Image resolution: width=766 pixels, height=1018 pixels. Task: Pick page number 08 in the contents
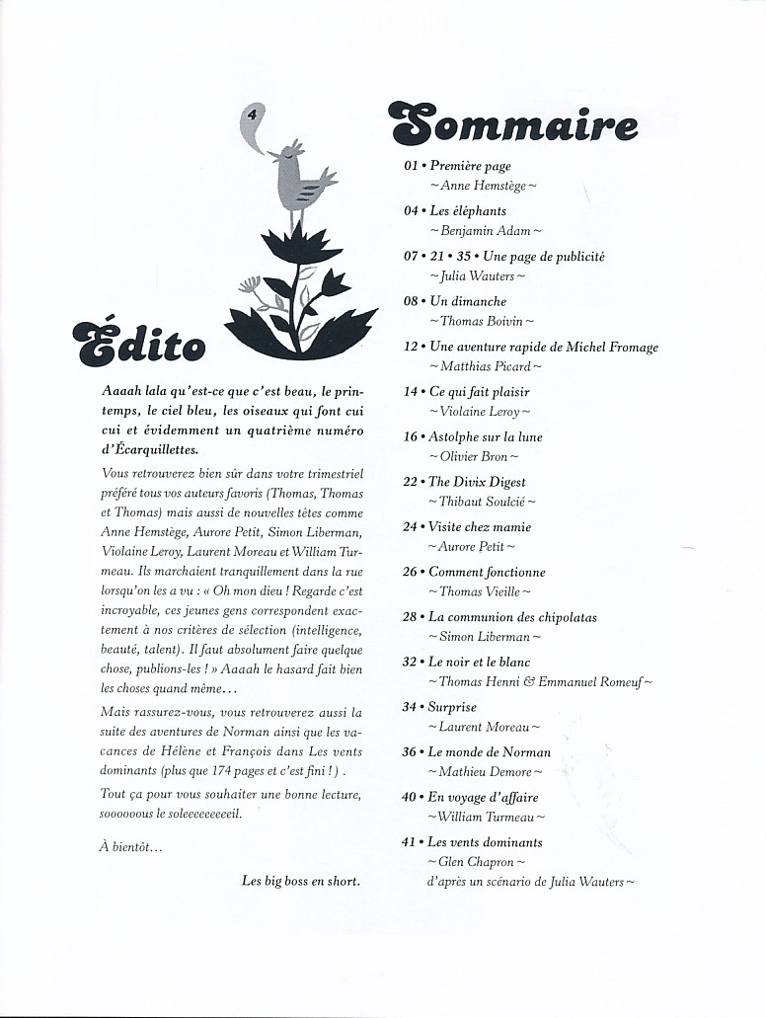click(x=412, y=302)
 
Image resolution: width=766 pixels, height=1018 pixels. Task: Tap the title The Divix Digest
click(x=477, y=483)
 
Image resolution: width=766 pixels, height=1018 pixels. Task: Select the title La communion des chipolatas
click(x=512, y=618)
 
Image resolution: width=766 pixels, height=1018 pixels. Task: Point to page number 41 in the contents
click(x=411, y=843)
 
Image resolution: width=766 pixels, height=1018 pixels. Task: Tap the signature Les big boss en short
click(x=300, y=881)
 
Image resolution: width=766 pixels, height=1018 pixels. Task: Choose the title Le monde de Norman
click(x=490, y=752)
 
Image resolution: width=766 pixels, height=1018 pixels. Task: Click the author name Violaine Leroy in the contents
click(x=480, y=412)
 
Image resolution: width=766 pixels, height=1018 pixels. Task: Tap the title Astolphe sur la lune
click(x=485, y=437)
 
